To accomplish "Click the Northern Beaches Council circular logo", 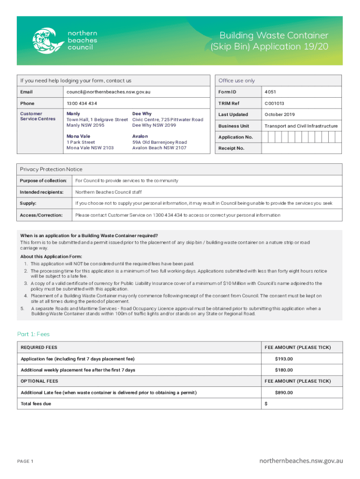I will click(x=47, y=41).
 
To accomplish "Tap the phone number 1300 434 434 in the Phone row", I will click(x=82, y=103).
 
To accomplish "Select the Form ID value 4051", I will click(x=271, y=92).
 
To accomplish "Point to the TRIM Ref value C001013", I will click(x=274, y=103).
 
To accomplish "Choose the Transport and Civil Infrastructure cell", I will click(x=301, y=126).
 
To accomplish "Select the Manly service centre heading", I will click(x=73, y=114).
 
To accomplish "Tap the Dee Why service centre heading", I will click(x=142, y=114).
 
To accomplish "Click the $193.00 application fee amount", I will click(x=284, y=359).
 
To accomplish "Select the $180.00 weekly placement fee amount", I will click(x=284, y=370).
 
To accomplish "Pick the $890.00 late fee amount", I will click(x=284, y=392).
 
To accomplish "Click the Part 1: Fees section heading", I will click(x=33, y=334).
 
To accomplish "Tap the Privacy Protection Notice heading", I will click(x=51, y=169).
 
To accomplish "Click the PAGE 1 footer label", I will click(x=25, y=462).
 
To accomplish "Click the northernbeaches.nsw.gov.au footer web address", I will click(x=301, y=461).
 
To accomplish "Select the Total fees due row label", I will click(x=36, y=404).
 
